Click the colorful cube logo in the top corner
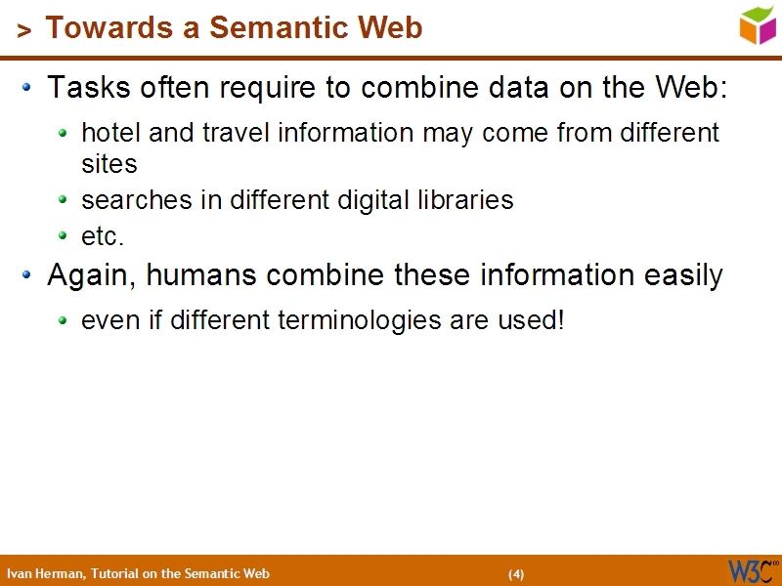point(758,24)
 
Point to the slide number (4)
point(516,574)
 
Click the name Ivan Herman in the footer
point(45,573)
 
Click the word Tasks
point(81,88)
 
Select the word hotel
point(110,132)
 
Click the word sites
point(109,164)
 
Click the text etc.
point(103,236)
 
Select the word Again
point(91,276)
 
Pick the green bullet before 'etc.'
point(63,236)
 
